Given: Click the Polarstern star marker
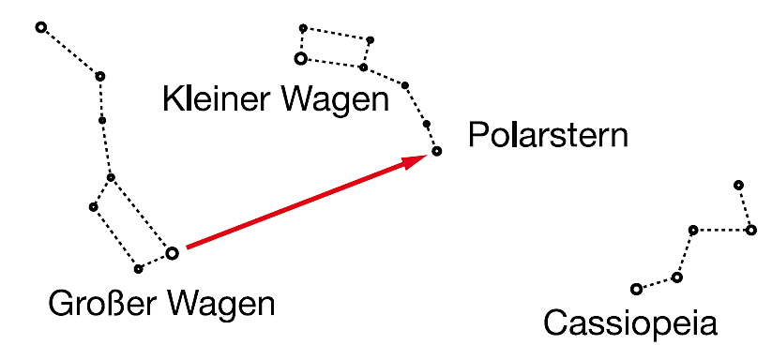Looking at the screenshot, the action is pyautogui.click(x=437, y=151).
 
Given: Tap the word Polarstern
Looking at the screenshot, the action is pyautogui.click(x=548, y=135).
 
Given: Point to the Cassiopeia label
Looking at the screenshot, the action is pyautogui.click(x=630, y=323).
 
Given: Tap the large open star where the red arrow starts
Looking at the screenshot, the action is pyautogui.click(x=172, y=254).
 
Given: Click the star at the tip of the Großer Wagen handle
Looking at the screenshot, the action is pyautogui.click(x=41, y=27).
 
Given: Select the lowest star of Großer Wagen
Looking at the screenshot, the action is pyautogui.click(x=138, y=269).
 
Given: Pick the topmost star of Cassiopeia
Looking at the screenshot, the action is pyautogui.click(x=738, y=185).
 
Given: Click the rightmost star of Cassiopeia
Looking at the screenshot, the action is pyautogui.click(x=750, y=230).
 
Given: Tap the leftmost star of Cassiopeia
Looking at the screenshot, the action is pyautogui.click(x=636, y=289).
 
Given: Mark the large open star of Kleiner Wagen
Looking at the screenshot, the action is pyautogui.click(x=300, y=58).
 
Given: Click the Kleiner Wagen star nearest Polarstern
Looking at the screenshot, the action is pyautogui.click(x=427, y=124).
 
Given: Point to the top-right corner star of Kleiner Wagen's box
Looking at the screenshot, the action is pyautogui.click(x=371, y=39).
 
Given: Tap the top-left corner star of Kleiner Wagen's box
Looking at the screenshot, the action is pyautogui.click(x=303, y=28).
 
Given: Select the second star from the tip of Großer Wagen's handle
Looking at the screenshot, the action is pyautogui.click(x=100, y=76).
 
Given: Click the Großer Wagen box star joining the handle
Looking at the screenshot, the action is pyautogui.click(x=111, y=177).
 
